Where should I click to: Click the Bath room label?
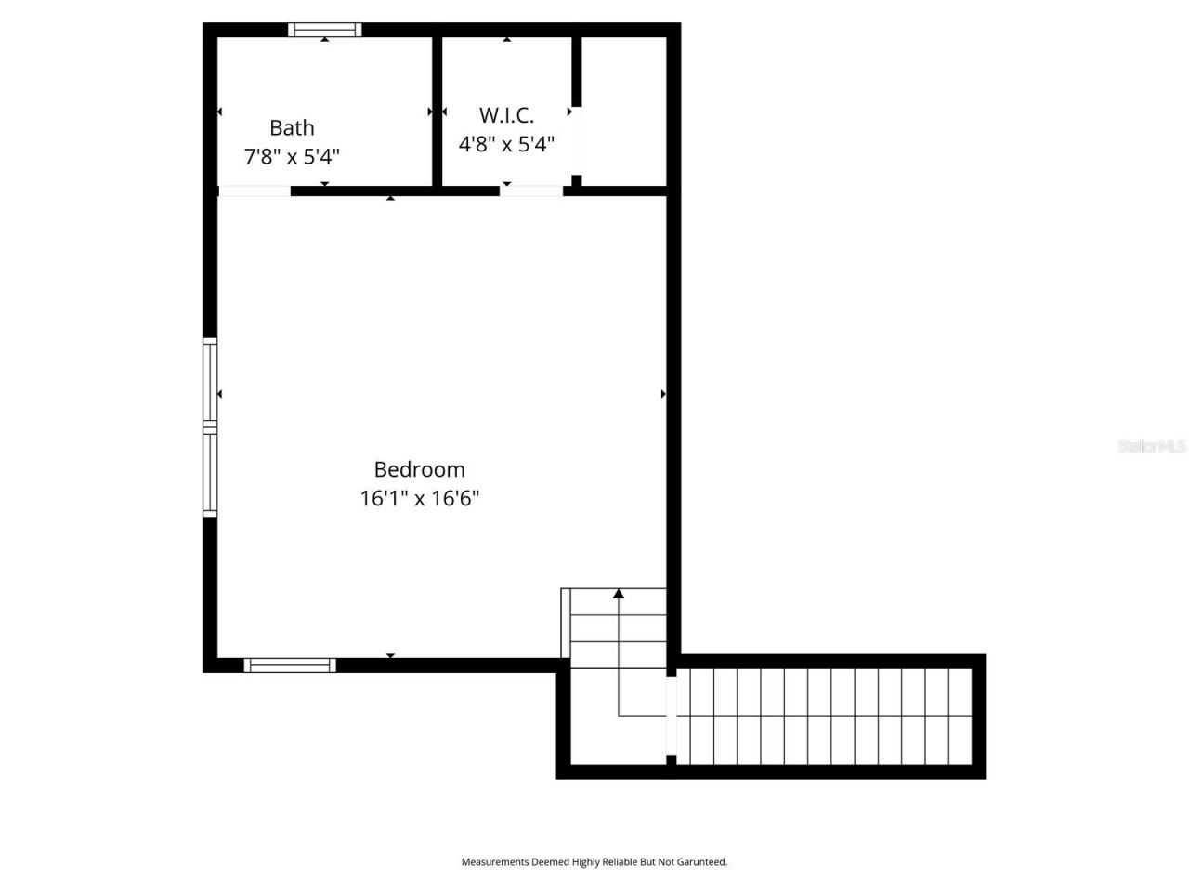click(292, 128)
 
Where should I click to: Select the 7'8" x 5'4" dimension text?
click(292, 156)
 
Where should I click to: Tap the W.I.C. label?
click(506, 115)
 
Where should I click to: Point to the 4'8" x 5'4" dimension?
click(506, 144)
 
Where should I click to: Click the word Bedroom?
click(419, 469)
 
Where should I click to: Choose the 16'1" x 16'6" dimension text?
click(419, 498)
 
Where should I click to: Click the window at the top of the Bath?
click(324, 30)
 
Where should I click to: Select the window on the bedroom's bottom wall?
click(290, 664)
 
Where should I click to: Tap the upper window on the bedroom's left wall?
click(211, 384)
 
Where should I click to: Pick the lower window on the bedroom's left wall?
click(211, 473)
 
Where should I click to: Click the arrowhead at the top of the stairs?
click(619, 594)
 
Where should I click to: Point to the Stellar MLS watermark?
click(1152, 446)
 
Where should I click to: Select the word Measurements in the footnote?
click(495, 862)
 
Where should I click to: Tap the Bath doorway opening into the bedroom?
click(255, 191)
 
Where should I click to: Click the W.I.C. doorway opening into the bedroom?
click(531, 191)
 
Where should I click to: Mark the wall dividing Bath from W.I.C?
click(437, 111)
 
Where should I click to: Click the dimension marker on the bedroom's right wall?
click(663, 394)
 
